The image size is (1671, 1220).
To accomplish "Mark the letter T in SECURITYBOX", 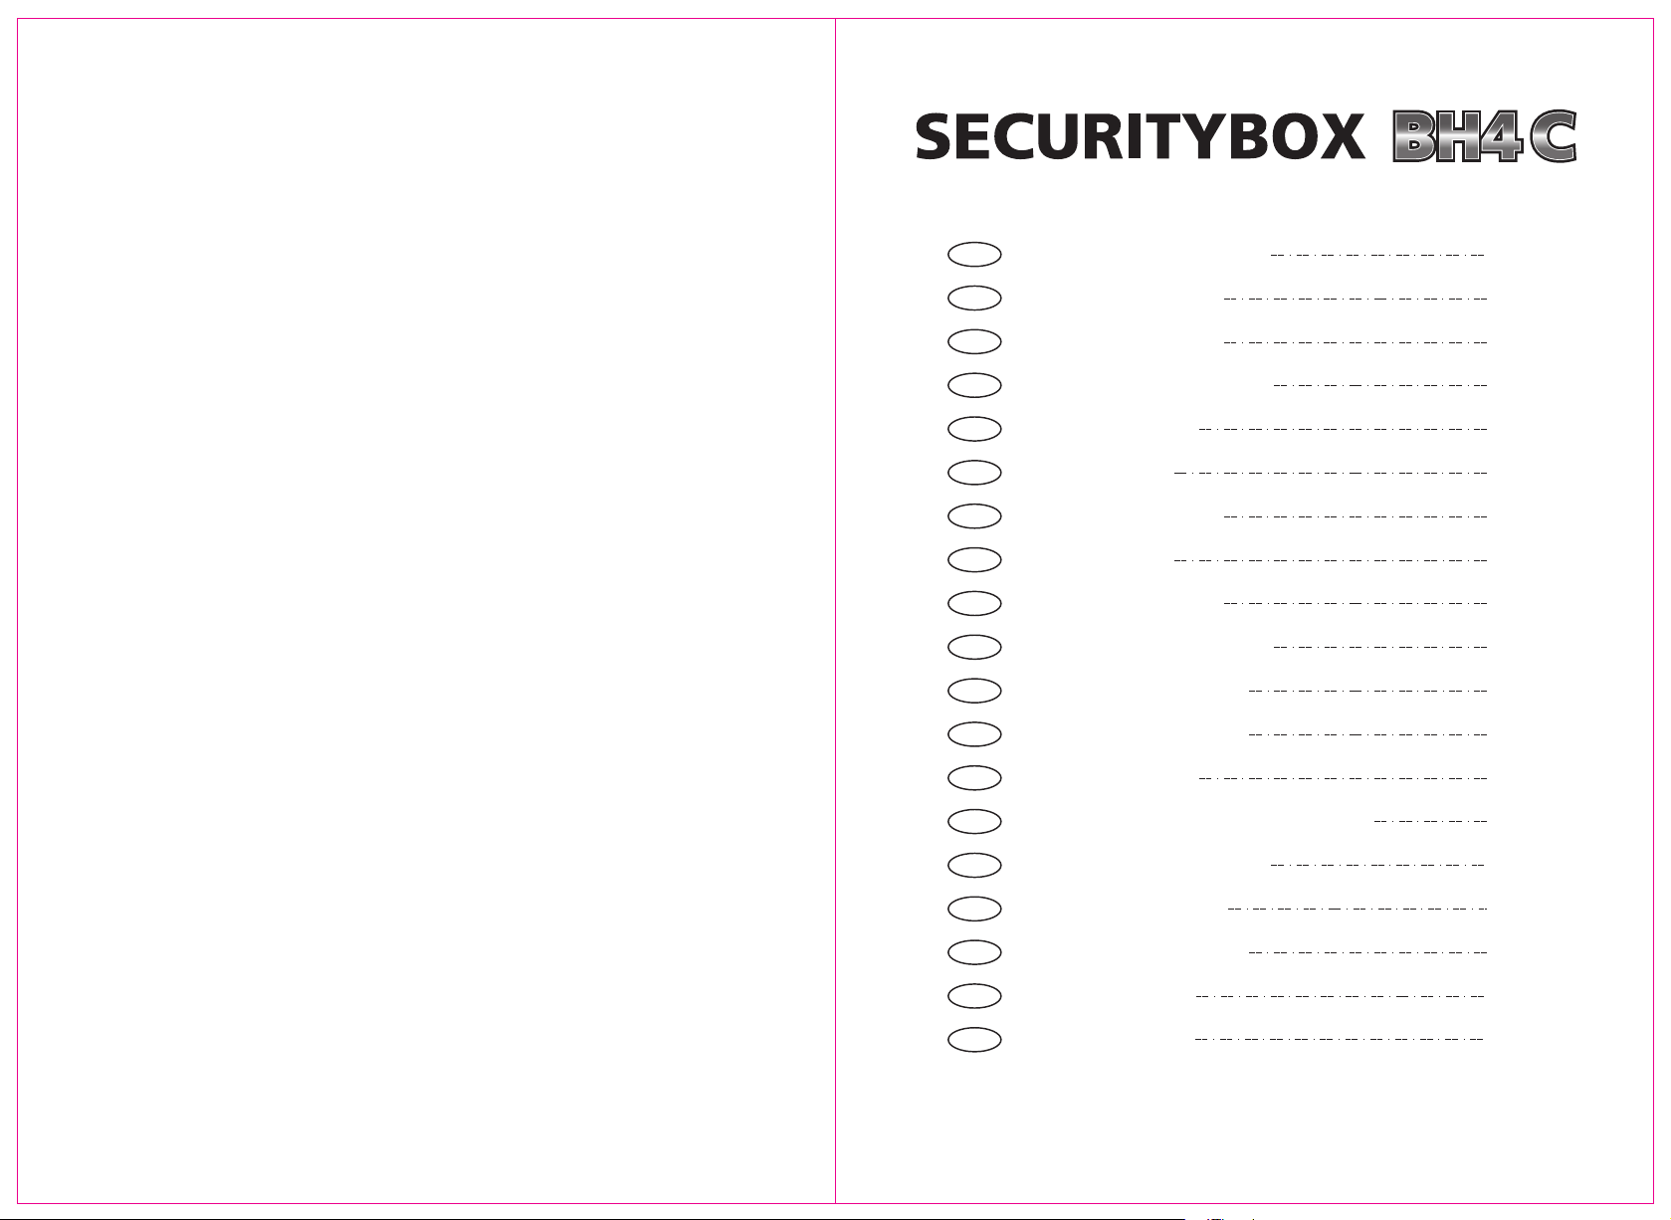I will [x=1168, y=137].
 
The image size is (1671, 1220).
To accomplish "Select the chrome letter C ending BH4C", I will [x=1552, y=137].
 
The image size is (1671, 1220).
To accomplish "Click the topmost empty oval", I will [x=974, y=254].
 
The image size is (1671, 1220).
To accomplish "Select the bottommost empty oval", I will [x=974, y=1039].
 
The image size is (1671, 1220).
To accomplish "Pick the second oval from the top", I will [x=974, y=298].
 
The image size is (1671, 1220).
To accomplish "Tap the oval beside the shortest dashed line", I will [x=974, y=821].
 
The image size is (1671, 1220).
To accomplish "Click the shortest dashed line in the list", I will [x=1430, y=821].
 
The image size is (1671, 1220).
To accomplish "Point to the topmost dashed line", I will [x=1377, y=254].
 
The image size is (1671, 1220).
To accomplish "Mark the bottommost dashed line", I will [x=1339, y=1039].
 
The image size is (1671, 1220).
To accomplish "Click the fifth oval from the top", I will [x=974, y=429].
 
